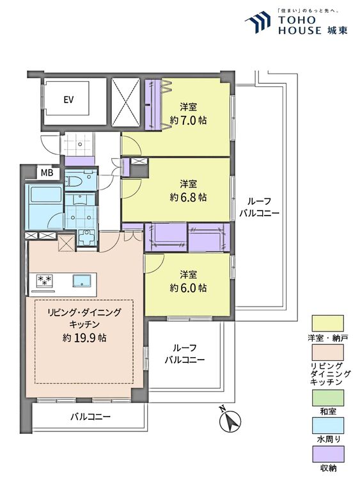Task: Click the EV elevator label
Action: [x=68, y=100]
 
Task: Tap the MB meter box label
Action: [x=47, y=173]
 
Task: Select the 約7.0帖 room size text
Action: [x=188, y=120]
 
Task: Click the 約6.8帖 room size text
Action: [x=188, y=197]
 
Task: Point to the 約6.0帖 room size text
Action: [x=188, y=288]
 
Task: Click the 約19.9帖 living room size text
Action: [x=84, y=337]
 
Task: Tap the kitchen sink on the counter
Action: [x=82, y=281]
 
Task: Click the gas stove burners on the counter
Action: [x=45, y=281]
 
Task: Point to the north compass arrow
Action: [x=230, y=420]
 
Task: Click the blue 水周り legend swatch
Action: [x=327, y=426]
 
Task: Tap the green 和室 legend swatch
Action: [x=327, y=397]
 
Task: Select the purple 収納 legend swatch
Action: [x=327, y=454]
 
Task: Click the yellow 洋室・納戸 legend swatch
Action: [x=327, y=323]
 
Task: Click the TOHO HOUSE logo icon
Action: [x=258, y=22]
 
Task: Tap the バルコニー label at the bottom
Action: [x=91, y=417]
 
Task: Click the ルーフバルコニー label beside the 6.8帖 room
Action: [x=259, y=207]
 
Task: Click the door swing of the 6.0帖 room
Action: [x=155, y=263]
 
